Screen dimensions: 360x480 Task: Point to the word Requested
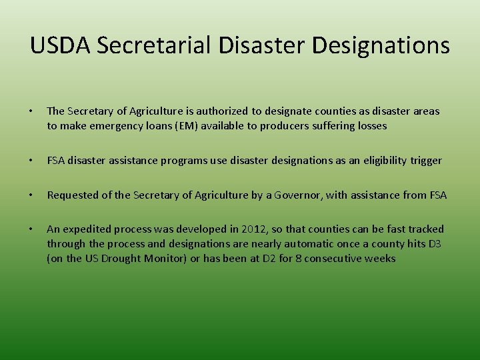tap(74, 195)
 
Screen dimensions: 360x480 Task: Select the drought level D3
tap(434, 244)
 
